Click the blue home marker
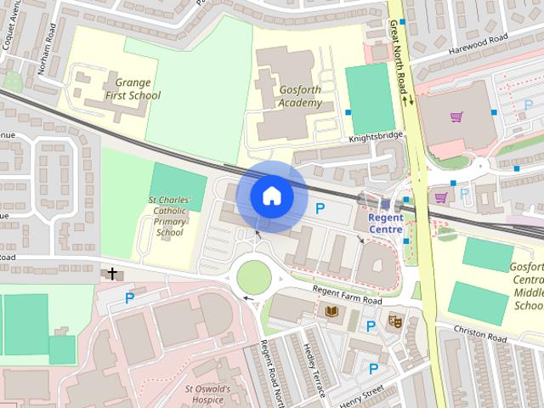coord(271,196)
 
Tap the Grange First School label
coord(132,89)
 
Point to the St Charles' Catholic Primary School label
coord(169,217)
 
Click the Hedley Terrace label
coord(314,370)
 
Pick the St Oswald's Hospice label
coord(207,394)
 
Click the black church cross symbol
coord(111,274)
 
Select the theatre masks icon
coord(394,321)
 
